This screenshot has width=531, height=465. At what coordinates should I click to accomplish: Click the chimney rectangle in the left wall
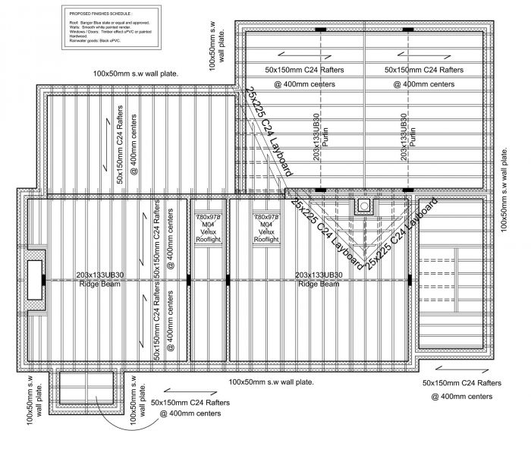coord(35,279)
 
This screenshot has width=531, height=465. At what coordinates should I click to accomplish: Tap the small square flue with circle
coord(365,206)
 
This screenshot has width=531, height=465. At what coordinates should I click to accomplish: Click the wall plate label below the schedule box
coord(136,73)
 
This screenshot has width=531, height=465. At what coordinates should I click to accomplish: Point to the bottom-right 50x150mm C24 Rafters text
coord(461,383)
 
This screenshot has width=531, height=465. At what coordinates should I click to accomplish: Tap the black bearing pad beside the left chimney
coord(45,279)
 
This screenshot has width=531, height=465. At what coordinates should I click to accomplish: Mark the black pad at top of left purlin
coord(320,29)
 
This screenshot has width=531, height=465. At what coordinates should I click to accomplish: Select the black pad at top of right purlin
coord(407,29)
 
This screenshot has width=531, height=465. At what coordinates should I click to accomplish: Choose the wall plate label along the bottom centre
coord(271,382)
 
